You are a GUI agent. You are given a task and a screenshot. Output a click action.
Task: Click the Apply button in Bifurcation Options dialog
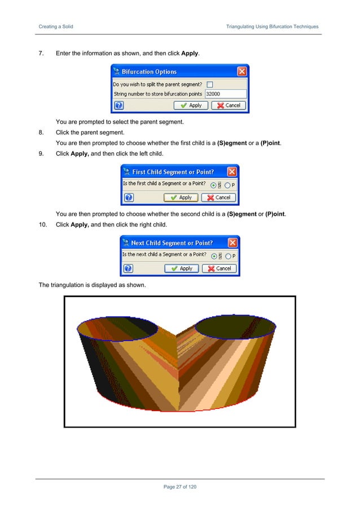coord(191,105)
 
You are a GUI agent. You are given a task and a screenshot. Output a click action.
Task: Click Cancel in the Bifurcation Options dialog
coord(229,105)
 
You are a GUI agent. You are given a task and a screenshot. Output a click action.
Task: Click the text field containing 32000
coord(225,94)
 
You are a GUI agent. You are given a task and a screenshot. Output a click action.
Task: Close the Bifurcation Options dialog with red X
coord(242,72)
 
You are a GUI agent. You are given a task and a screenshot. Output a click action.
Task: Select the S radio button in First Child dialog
coord(213,185)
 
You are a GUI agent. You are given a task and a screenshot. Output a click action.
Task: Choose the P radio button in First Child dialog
coord(227,185)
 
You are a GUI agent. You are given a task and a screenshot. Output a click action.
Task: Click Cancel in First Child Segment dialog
coord(219,198)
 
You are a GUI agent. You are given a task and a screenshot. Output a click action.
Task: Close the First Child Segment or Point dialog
coord(232,172)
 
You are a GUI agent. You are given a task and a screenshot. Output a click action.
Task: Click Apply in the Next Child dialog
coord(182,268)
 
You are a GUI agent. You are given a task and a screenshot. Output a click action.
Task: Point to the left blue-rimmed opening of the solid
coord(117,329)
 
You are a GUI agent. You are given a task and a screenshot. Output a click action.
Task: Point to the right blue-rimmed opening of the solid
coord(235,326)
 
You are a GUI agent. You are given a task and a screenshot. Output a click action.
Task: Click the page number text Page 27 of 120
coord(180,487)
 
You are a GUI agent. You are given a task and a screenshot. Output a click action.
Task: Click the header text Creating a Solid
coord(55,27)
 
